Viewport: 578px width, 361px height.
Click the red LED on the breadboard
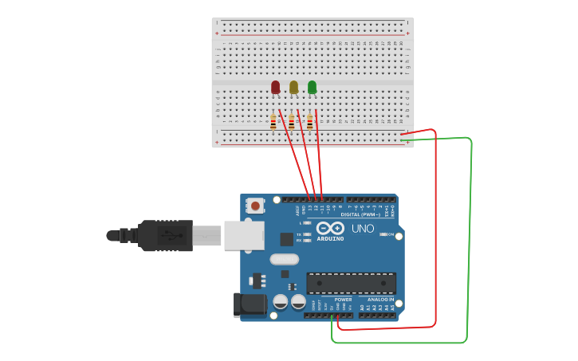tap(275, 87)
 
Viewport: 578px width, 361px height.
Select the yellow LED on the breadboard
tap(293, 87)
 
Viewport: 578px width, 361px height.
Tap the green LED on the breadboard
tap(312, 87)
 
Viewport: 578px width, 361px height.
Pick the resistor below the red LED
tap(273, 122)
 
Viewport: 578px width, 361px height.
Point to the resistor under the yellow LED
tap(291, 122)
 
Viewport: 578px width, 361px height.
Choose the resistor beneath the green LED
tap(309, 122)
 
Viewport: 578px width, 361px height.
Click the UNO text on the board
tap(363, 228)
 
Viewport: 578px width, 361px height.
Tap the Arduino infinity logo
tap(329, 228)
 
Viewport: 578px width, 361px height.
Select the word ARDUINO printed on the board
tap(330, 238)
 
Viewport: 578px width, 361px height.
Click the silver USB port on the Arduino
tap(244, 235)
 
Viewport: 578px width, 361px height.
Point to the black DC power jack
tap(249, 304)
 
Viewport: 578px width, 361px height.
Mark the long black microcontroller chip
tap(351, 283)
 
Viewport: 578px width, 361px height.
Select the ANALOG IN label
tap(380, 300)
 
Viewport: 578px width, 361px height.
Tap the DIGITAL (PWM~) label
tap(360, 214)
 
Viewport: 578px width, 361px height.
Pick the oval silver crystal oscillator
tap(284, 259)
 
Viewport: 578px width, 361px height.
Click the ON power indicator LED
tap(383, 234)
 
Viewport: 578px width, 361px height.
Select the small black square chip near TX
tap(286, 238)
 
